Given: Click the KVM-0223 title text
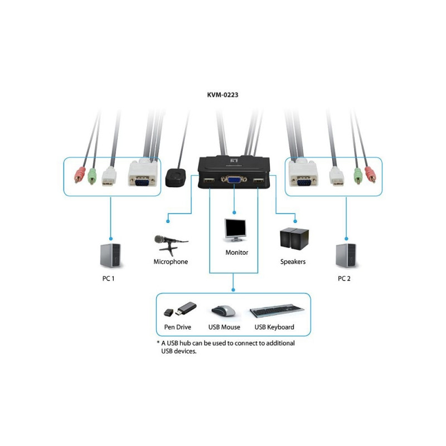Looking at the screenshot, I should click(x=222, y=95).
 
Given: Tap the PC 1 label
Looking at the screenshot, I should click(x=109, y=278).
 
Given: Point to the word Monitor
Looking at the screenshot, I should click(x=236, y=253).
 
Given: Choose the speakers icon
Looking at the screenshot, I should click(x=293, y=239).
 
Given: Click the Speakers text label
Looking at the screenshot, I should click(x=293, y=261).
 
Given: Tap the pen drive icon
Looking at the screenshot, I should click(x=180, y=309).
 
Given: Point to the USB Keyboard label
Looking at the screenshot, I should click(x=274, y=327).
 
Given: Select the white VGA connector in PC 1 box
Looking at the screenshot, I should click(x=143, y=176).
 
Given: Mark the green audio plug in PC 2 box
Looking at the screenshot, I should click(x=357, y=175).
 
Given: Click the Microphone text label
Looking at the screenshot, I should click(x=171, y=261).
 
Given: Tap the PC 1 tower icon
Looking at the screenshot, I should click(x=110, y=256).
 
